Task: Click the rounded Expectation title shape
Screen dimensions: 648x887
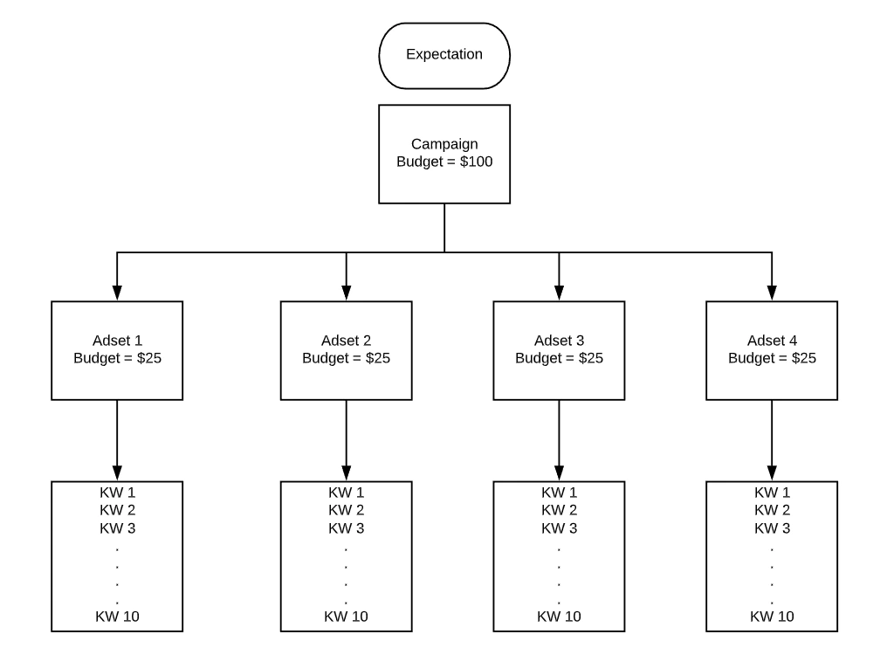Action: (443, 55)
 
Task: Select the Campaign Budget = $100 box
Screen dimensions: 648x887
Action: (443, 154)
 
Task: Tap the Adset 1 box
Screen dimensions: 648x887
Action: (117, 349)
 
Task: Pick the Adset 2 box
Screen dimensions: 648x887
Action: (346, 349)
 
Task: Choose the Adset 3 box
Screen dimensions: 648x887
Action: (559, 349)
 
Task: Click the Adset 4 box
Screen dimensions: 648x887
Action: (772, 349)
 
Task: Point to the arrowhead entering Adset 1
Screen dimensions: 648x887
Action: (117, 293)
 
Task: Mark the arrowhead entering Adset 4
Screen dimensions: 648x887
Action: (772, 293)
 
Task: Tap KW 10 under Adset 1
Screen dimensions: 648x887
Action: (117, 617)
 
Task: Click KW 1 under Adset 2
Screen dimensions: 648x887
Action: (346, 493)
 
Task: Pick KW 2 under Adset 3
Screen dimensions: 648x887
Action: (559, 510)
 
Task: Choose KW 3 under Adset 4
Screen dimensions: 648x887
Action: (772, 528)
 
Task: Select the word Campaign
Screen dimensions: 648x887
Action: (443, 144)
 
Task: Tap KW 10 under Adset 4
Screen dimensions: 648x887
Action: (772, 617)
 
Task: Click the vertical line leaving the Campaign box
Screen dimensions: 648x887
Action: (444, 227)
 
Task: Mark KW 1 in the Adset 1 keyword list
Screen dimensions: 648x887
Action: (117, 493)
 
